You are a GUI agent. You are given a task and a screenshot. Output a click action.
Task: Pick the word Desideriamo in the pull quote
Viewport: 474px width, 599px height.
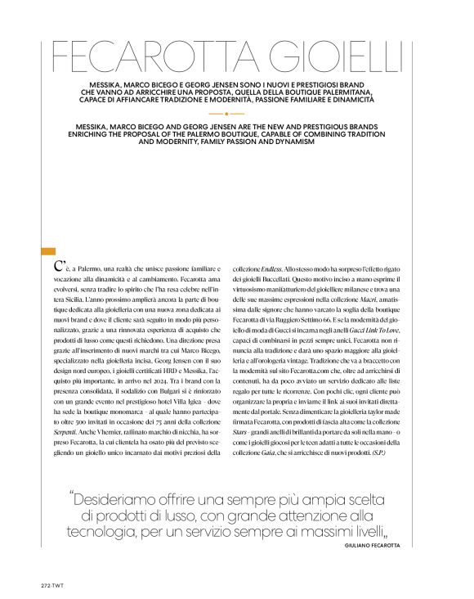tap(129, 498)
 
